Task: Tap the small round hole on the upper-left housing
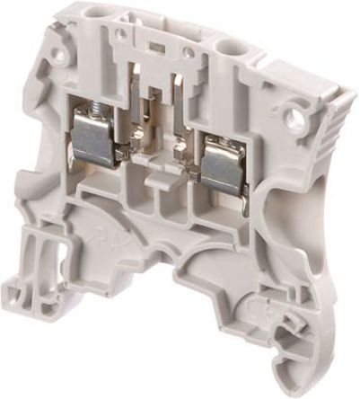tap(59, 54)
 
